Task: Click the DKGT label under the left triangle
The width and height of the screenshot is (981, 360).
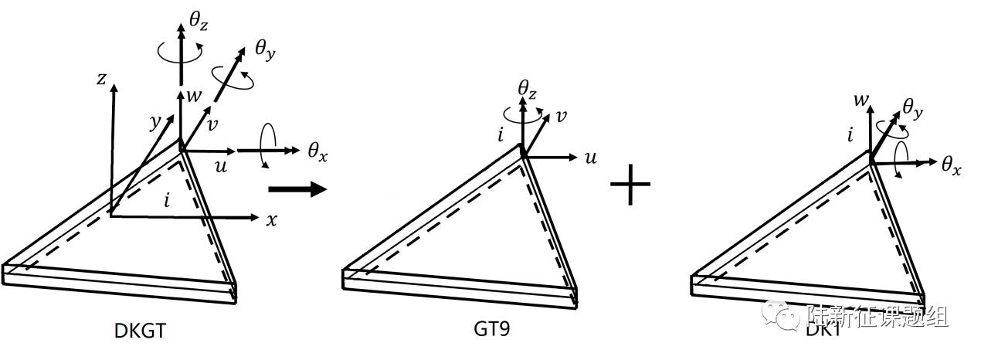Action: pyautogui.click(x=140, y=331)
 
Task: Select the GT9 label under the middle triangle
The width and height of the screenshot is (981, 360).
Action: pyautogui.click(x=492, y=328)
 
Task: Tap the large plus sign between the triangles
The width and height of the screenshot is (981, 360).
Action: pyautogui.click(x=630, y=185)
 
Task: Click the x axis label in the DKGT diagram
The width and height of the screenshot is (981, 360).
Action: pyautogui.click(x=271, y=219)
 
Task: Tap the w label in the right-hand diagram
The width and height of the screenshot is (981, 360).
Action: pyautogui.click(x=859, y=100)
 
